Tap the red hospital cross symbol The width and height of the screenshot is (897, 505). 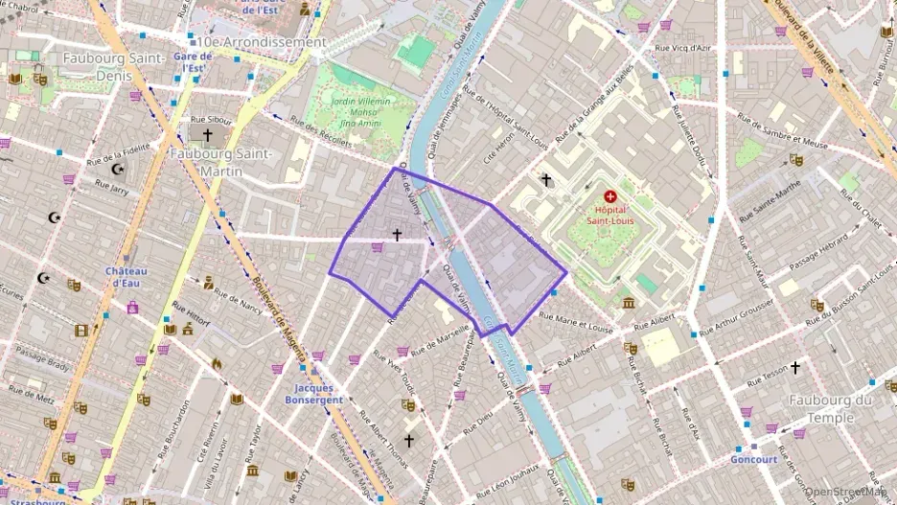pos(610,195)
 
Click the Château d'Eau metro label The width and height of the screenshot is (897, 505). pos(126,276)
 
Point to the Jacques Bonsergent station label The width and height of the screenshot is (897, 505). pos(313,394)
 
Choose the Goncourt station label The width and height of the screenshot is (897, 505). pos(753,459)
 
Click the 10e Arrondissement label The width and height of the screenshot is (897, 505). pos(261,42)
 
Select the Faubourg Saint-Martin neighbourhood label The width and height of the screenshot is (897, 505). pos(219,162)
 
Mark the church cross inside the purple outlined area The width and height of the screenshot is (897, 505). pos(397,234)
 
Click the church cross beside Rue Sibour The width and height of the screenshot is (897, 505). pos(207,135)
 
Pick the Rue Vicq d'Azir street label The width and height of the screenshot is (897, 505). pos(682,47)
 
